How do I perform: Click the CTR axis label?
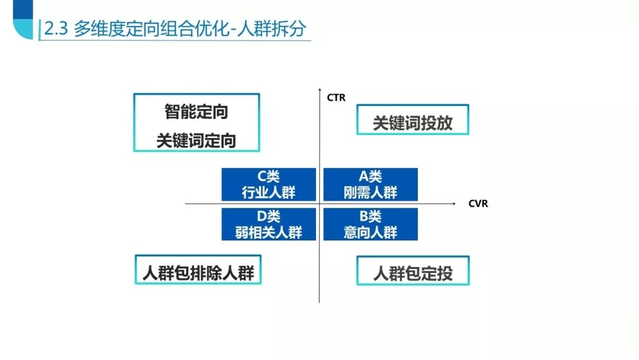click(x=336, y=98)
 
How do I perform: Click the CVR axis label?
click(x=478, y=204)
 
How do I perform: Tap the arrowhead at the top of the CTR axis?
click(x=319, y=89)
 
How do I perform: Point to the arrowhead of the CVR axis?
click(x=454, y=203)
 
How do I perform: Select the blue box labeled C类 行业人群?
click(x=269, y=184)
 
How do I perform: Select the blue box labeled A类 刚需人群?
click(x=370, y=184)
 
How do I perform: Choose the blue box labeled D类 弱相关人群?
click(x=269, y=224)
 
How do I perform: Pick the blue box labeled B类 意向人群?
click(x=370, y=224)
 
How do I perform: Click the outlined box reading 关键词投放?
click(x=413, y=120)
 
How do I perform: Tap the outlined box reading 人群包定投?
click(x=413, y=271)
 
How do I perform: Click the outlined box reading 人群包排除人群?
click(x=198, y=269)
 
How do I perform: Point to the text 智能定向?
click(x=196, y=112)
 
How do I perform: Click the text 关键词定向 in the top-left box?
click(x=196, y=141)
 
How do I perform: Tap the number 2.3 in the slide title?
click(x=56, y=29)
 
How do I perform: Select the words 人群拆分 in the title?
click(x=271, y=28)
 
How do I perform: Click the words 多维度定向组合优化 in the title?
click(x=152, y=28)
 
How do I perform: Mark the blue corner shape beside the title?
click(x=23, y=20)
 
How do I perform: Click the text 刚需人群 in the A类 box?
click(x=370, y=192)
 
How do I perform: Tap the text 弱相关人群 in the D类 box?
click(x=269, y=232)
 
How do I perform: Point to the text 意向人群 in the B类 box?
click(x=370, y=232)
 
